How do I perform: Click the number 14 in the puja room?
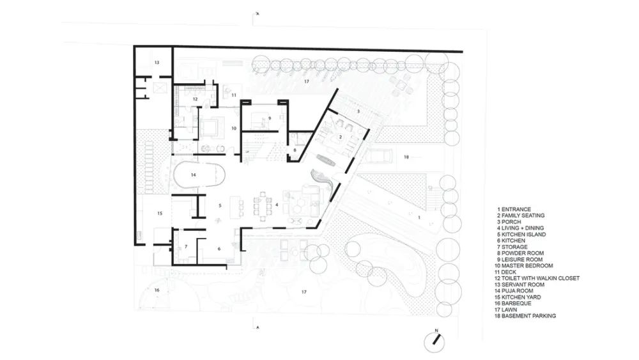[x=193, y=175]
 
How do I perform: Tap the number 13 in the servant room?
[x=157, y=63]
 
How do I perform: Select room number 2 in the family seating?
[x=341, y=137]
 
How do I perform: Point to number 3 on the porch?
[x=358, y=111]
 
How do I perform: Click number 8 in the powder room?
[x=295, y=150]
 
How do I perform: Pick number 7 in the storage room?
[x=186, y=247]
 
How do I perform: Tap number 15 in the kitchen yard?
[x=160, y=213]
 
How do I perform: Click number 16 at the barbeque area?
[x=157, y=290]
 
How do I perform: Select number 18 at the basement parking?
[x=406, y=157]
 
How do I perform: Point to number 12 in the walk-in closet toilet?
[x=195, y=99]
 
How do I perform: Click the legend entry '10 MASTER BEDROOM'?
[x=524, y=266]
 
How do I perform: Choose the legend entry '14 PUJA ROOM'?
[x=514, y=291]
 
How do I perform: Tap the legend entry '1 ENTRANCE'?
[x=514, y=209]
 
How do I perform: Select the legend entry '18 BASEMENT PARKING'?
[x=525, y=316]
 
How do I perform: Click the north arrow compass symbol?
[x=435, y=341]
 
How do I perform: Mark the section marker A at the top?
[x=258, y=14]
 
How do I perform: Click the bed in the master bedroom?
[x=212, y=127]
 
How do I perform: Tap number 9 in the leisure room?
[x=270, y=118]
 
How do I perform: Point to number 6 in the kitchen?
[x=219, y=249]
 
